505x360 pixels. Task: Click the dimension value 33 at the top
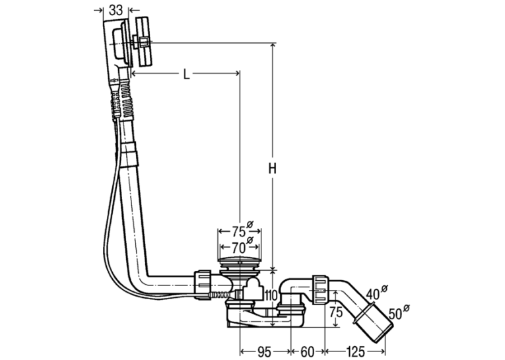(x=116, y=11)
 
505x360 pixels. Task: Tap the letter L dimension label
(x=186, y=75)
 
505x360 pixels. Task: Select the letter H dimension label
(x=273, y=168)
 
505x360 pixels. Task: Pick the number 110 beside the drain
(x=271, y=295)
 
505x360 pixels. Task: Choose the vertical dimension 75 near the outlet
(x=336, y=312)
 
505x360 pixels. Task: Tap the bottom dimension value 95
(x=264, y=352)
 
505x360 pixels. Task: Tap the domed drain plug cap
(x=240, y=260)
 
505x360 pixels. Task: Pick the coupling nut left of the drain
(x=203, y=285)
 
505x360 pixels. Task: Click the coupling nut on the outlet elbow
(x=320, y=290)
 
